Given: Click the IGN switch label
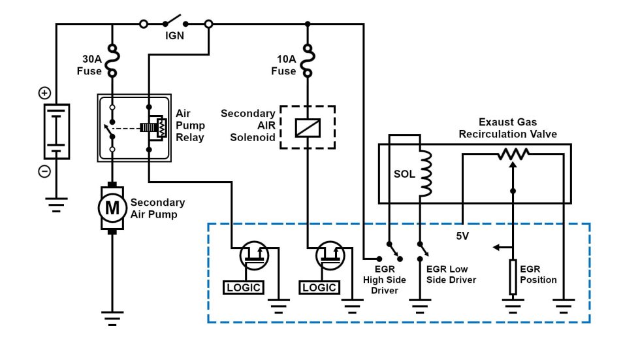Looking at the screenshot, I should coord(175,37).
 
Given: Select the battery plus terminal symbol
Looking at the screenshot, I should coord(44,93).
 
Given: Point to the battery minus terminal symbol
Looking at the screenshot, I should coord(44,171).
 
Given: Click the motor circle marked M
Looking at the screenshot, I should coord(112,208).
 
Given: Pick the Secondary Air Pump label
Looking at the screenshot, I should coord(157,208).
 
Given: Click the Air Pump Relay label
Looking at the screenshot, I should coord(190,125).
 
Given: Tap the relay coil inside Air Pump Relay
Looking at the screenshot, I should coord(156,127).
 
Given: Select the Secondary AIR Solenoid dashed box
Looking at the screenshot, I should coord(307,127).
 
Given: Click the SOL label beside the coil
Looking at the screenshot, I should coord(404,175).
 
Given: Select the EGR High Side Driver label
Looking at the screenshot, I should coord(385,280).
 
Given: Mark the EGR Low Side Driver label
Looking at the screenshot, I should coord(451,274).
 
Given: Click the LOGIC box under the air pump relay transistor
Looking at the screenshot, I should coord(243,287).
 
